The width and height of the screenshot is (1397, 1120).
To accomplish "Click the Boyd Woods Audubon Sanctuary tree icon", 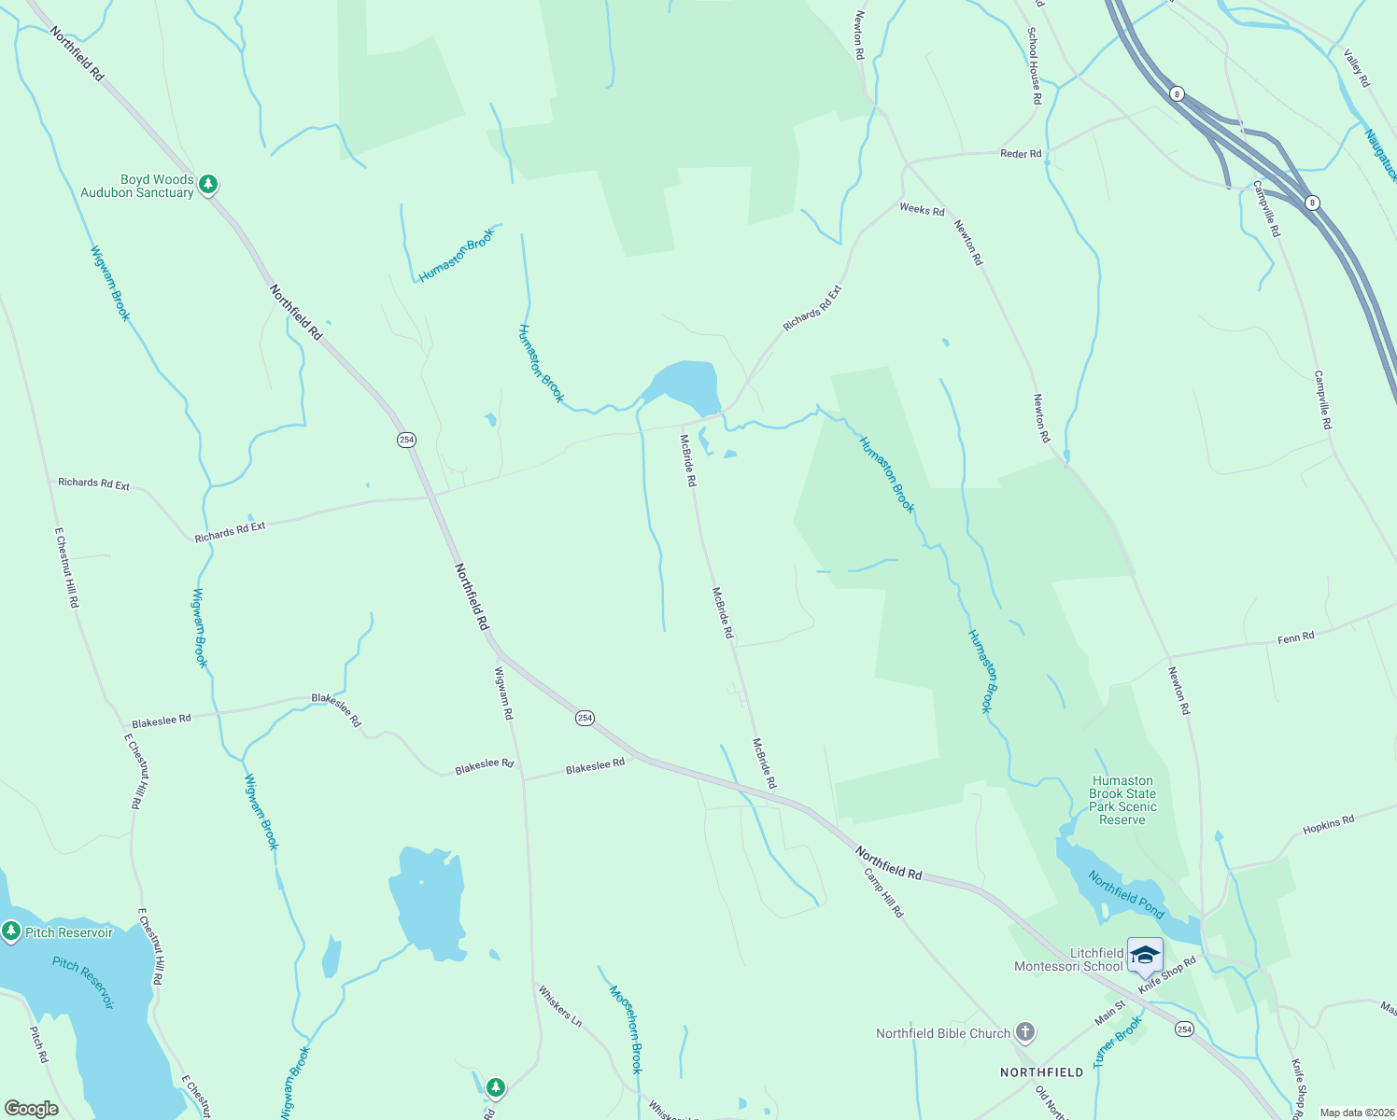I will click(208, 185).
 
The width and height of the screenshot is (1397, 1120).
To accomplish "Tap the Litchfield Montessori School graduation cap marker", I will click(1145, 956).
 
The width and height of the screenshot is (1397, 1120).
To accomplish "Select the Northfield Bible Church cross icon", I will click(1025, 1032).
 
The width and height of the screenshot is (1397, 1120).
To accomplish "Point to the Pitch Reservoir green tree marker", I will click(11, 931).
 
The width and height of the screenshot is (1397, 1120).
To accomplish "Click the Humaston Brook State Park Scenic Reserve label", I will click(1122, 800).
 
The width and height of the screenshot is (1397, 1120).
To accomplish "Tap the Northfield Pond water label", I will click(1126, 893).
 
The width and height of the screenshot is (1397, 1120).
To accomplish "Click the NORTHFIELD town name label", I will click(1041, 1072).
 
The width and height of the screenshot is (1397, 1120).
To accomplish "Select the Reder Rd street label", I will click(1021, 154).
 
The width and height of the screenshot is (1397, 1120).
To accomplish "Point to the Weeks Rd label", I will click(922, 211).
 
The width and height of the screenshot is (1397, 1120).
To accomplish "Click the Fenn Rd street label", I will click(1295, 637).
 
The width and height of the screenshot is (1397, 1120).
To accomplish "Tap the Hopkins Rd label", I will click(1328, 825).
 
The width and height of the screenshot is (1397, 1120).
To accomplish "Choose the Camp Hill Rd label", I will click(883, 893).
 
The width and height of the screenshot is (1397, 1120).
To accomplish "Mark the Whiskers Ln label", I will click(559, 1006).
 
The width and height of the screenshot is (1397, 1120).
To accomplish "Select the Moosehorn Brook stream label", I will click(626, 1029).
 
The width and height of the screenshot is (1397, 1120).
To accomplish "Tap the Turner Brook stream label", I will click(1118, 1042).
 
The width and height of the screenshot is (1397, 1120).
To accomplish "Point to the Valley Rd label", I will click(1356, 68).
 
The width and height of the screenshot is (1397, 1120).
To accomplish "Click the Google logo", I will click(31, 1109).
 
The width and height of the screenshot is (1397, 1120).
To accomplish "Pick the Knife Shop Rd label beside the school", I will click(1167, 975).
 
